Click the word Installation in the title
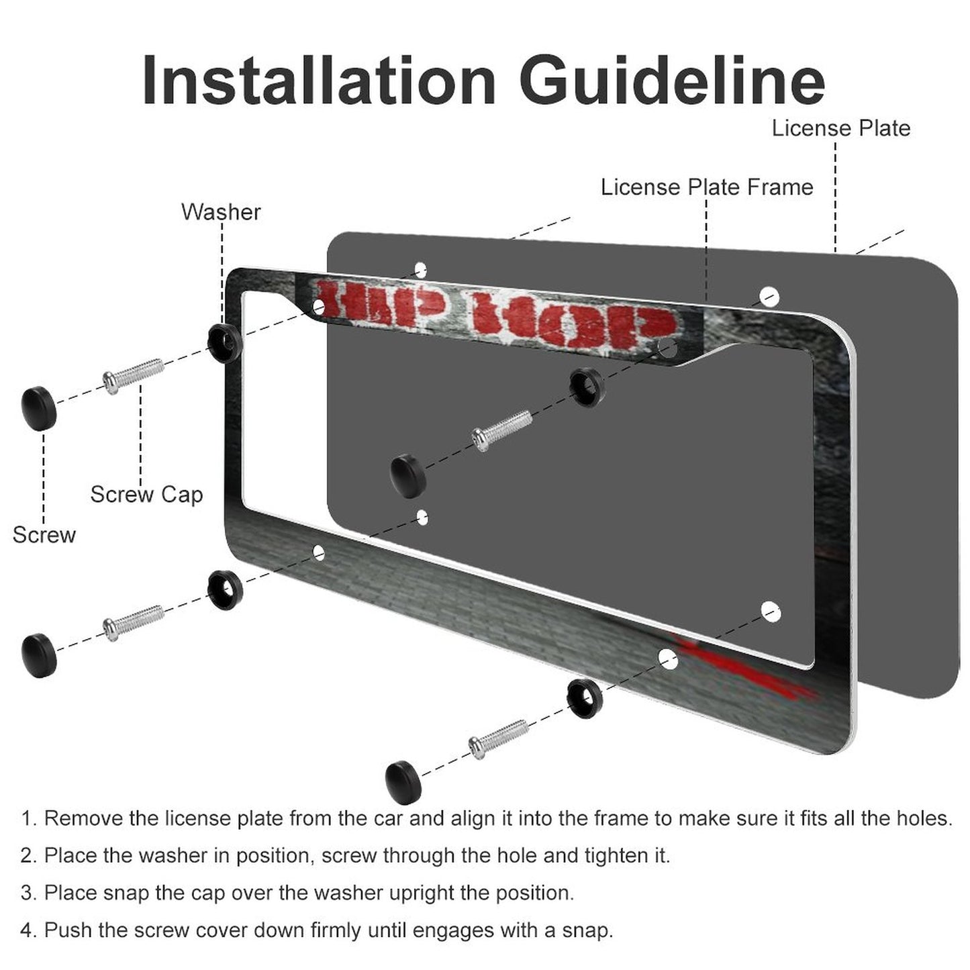coord(319,81)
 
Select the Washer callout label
coord(221,212)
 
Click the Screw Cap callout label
coord(146,494)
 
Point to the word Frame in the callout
coord(780,187)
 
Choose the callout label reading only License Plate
coord(841,128)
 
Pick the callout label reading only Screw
coord(44,534)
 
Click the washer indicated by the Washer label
coord(225,343)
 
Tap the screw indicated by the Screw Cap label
coord(134,375)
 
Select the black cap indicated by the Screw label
coord(39,408)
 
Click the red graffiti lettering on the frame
coord(495,316)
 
